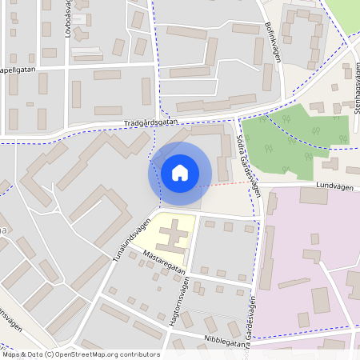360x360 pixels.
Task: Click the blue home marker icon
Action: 180,173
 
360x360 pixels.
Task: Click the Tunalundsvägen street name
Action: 134,233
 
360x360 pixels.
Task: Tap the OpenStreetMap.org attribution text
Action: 80,354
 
